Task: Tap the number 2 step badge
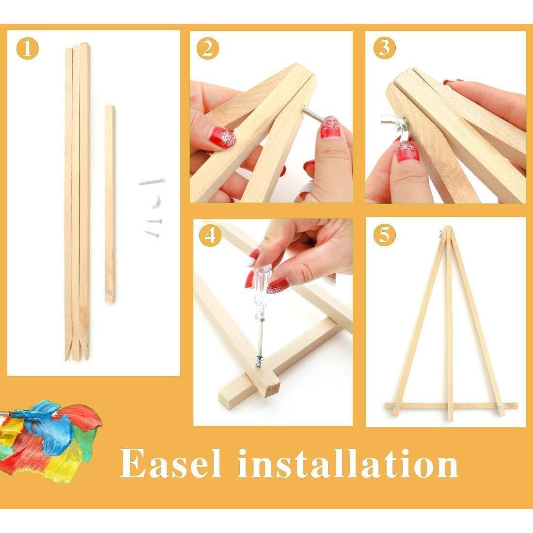coord(208,48)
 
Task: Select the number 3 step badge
coord(384,48)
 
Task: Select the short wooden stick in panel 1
coord(110,204)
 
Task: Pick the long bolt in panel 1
coord(151,182)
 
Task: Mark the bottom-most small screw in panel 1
coord(152,234)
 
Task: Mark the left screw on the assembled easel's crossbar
coord(396,406)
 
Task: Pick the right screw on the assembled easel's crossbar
coord(500,407)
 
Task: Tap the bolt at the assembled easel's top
coord(442,232)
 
